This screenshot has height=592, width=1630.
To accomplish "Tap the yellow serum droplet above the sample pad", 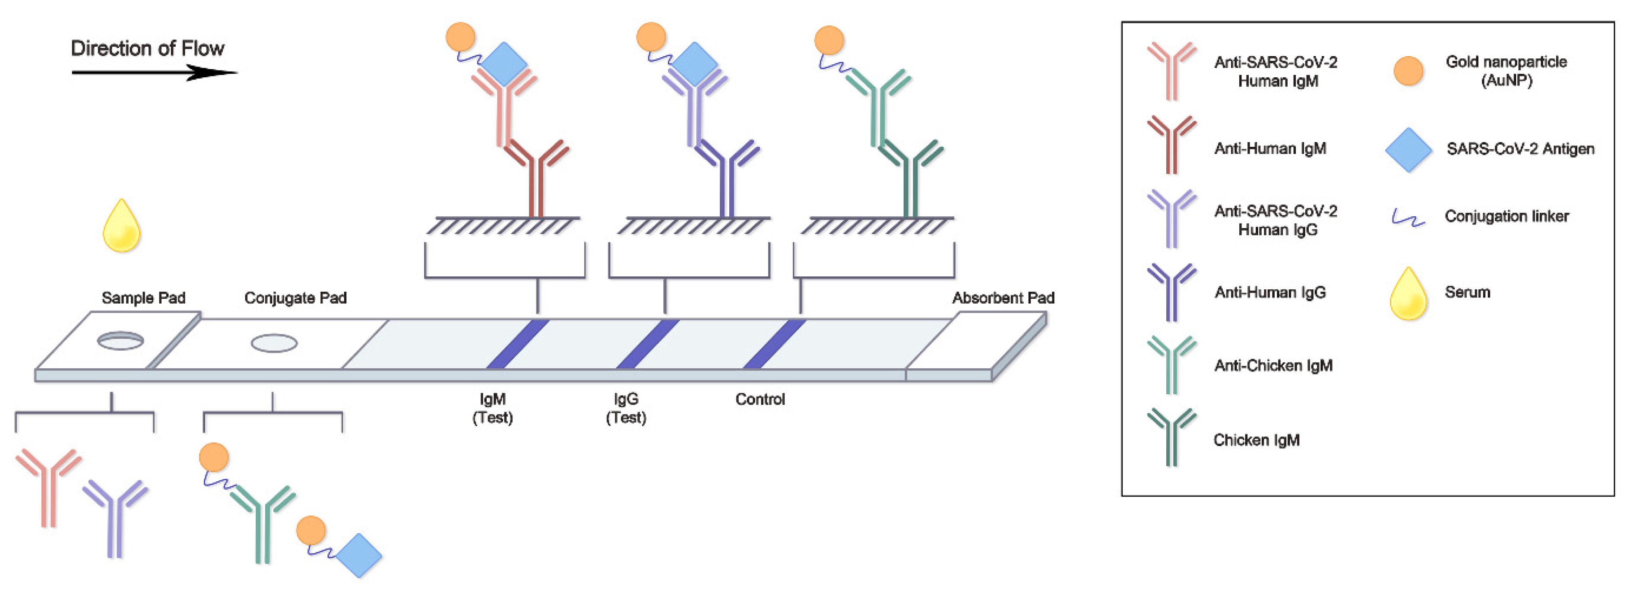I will [121, 228].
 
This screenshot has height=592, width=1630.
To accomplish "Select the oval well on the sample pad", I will [120, 341].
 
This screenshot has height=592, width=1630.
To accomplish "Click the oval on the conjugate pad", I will [274, 343].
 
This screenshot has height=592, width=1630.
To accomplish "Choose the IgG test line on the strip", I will [647, 343].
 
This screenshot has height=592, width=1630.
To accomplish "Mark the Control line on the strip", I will [774, 343].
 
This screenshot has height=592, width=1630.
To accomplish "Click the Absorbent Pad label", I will [1003, 298].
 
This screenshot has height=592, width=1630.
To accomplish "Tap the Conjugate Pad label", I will [295, 298].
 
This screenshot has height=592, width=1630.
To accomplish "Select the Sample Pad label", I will [144, 298].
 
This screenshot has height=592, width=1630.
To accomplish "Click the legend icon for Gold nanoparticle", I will [1408, 71].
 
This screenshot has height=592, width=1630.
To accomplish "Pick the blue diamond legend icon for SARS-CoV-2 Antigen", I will [1408, 150].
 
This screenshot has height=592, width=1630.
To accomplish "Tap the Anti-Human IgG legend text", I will [1270, 292].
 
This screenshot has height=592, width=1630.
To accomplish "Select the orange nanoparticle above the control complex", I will [829, 41].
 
